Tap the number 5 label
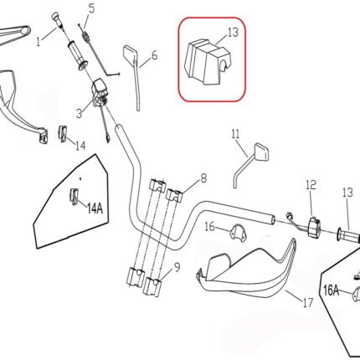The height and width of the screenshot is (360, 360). tap(91, 9)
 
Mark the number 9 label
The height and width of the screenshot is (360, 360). tap(176, 268)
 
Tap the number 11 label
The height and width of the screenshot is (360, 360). tap(235, 133)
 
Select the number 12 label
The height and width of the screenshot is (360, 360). tap(311, 184)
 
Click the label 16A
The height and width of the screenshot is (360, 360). tap(332, 290)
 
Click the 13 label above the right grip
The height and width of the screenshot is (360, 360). tap(347, 193)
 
